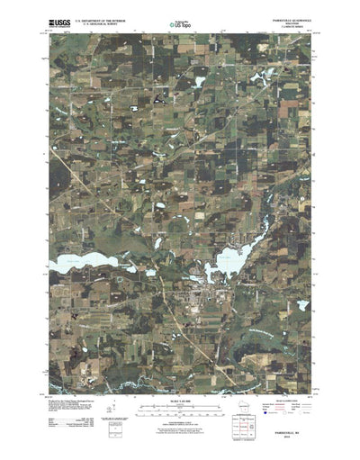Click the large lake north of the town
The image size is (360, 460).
(227, 262)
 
